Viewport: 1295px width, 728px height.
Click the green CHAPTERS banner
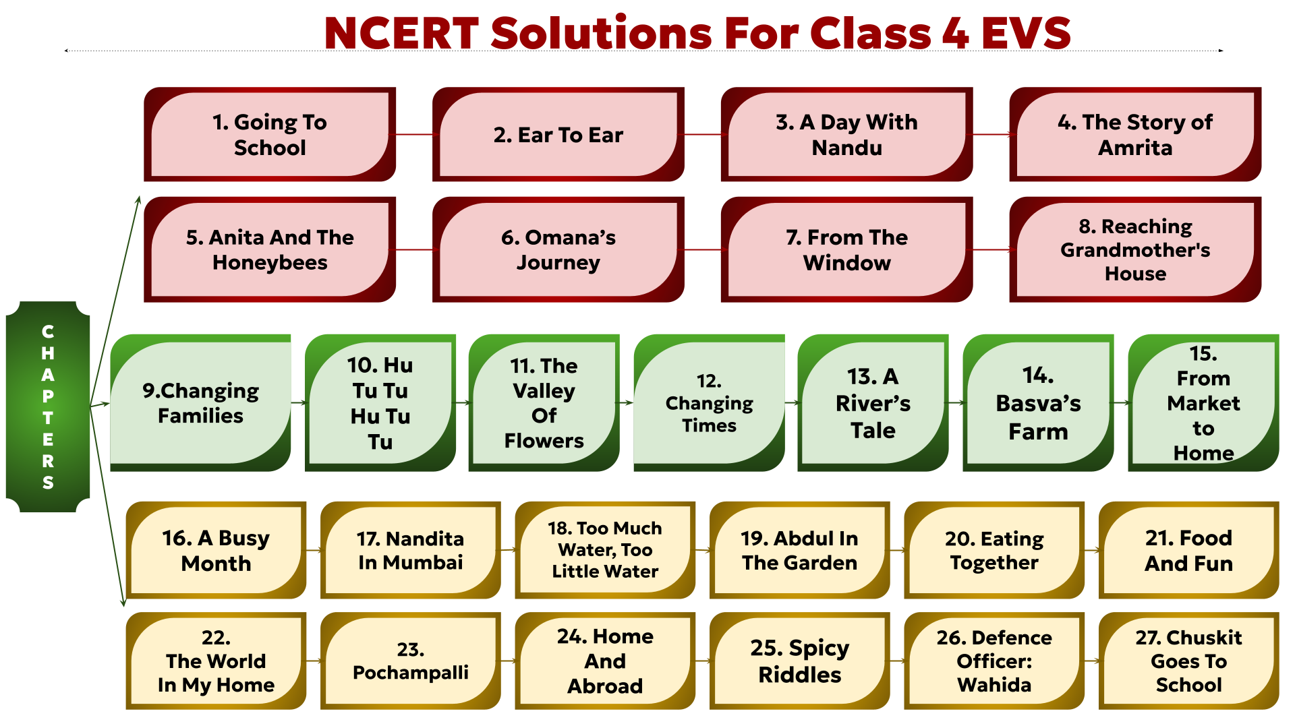click(48, 406)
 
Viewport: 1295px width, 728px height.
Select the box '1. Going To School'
click(270, 134)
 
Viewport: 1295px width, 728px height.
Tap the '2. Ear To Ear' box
click(558, 134)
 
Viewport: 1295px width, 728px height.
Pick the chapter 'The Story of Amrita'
click(1135, 134)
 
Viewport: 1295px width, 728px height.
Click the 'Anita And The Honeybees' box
click(270, 249)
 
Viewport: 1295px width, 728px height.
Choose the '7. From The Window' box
click(847, 249)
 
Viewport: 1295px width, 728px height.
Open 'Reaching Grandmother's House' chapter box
click(1135, 249)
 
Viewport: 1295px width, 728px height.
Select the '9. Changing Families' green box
click(200, 402)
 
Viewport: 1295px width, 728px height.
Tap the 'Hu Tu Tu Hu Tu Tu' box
click(380, 402)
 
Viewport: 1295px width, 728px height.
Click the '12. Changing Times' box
click(709, 402)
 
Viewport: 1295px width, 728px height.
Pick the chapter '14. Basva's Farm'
click(1038, 402)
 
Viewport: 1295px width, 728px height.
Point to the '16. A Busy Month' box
click(216, 550)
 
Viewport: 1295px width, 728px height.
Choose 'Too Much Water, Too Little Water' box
click(605, 550)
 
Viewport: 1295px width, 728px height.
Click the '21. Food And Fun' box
click(1188, 550)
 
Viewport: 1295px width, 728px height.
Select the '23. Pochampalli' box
click(411, 661)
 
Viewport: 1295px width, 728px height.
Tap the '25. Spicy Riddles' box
click(800, 661)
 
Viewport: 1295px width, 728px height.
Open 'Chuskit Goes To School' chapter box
click(1188, 661)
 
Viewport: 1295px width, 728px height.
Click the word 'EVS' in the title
click(1026, 32)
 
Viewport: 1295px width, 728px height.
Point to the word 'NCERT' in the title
click(402, 32)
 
